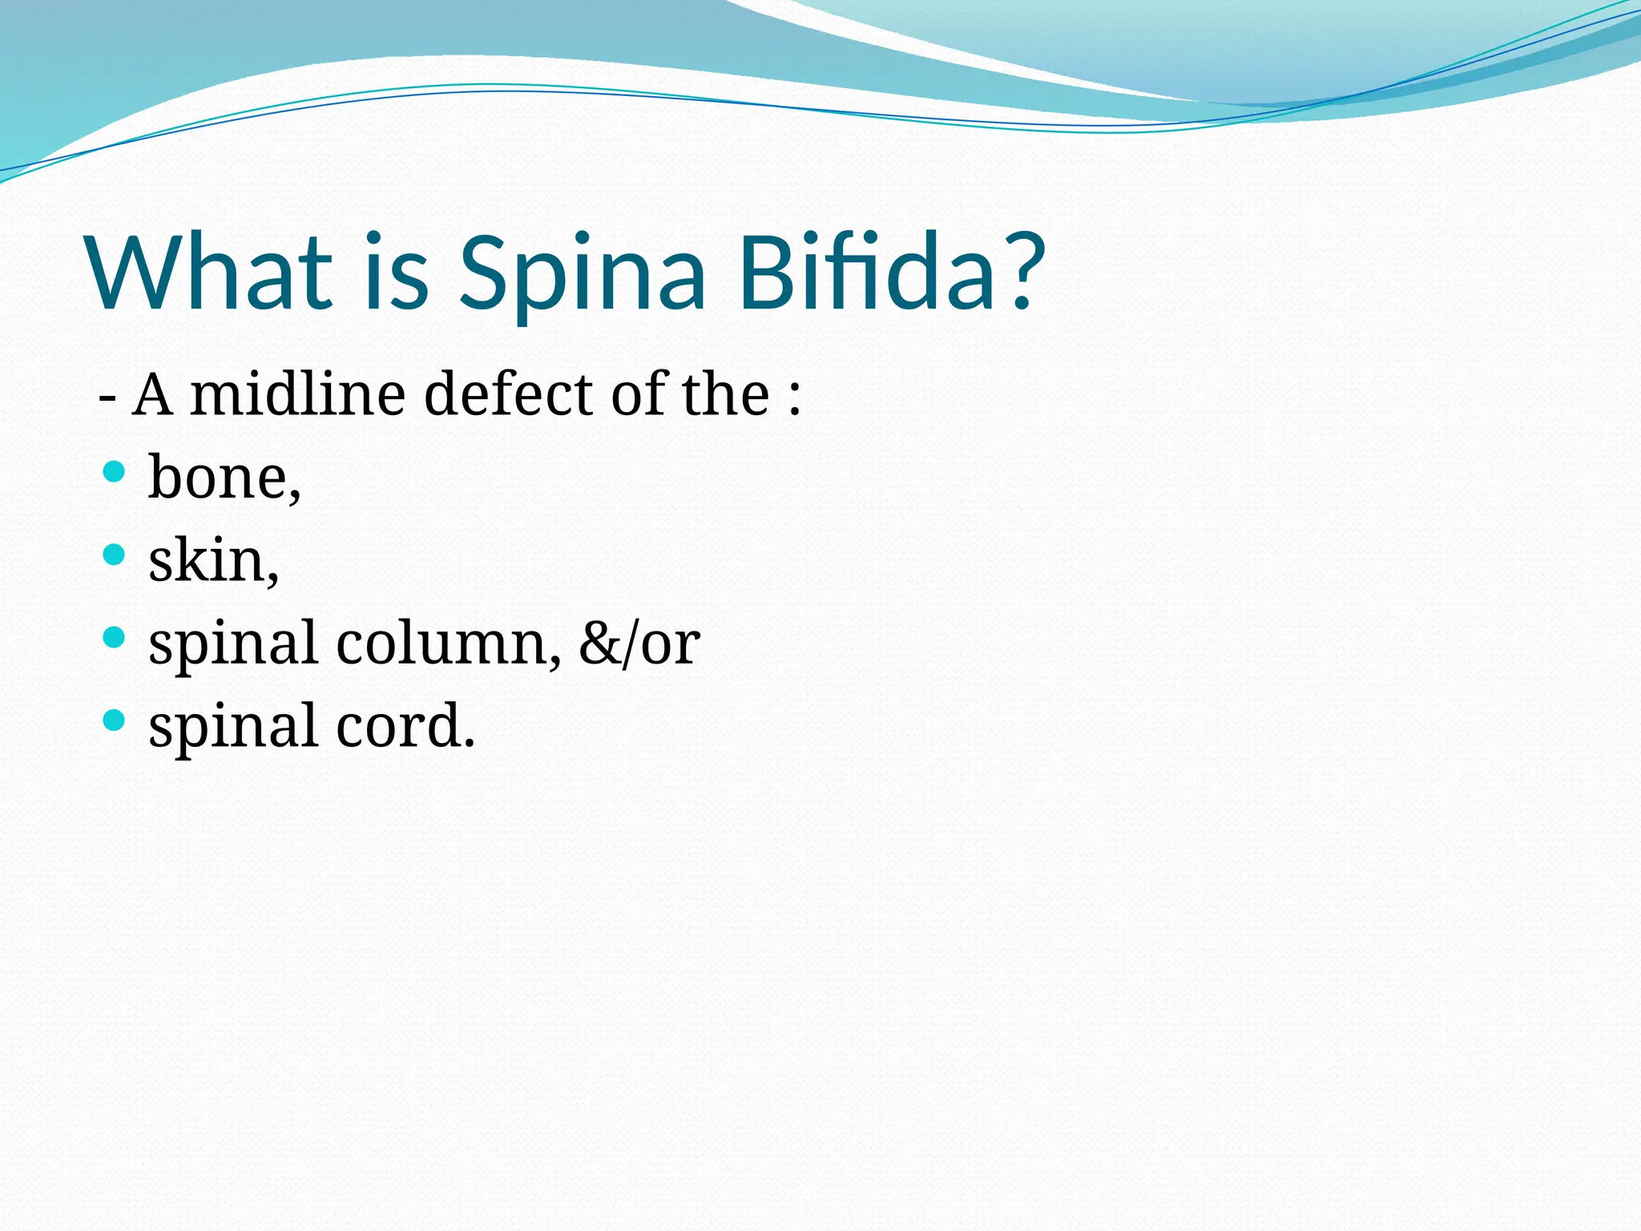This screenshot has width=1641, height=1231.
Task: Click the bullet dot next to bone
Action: (x=115, y=471)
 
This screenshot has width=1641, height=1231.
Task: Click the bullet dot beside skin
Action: (x=115, y=555)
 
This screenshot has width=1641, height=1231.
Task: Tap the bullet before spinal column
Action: (x=115, y=638)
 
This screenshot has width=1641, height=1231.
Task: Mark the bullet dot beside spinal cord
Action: (x=115, y=720)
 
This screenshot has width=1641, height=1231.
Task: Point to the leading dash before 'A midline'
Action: (x=107, y=398)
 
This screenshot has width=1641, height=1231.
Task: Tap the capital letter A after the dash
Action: (x=152, y=394)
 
